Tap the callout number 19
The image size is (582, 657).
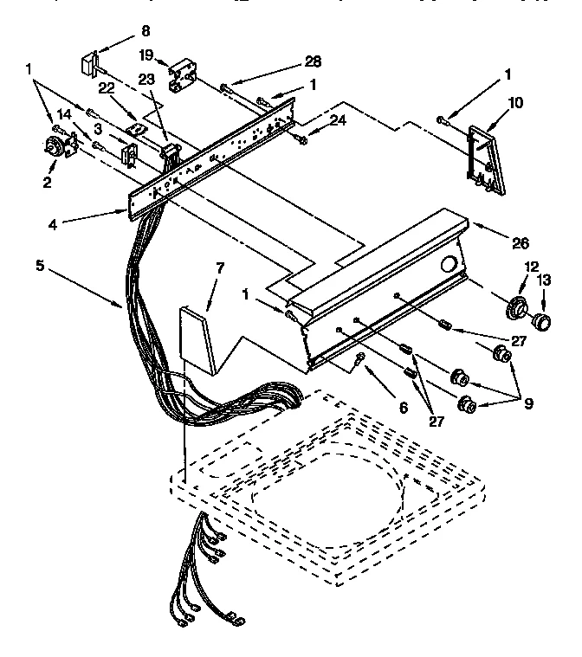[x=147, y=55]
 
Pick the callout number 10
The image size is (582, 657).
[x=515, y=102]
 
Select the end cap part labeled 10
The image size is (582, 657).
[x=482, y=157]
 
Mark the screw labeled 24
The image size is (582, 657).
[x=301, y=138]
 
